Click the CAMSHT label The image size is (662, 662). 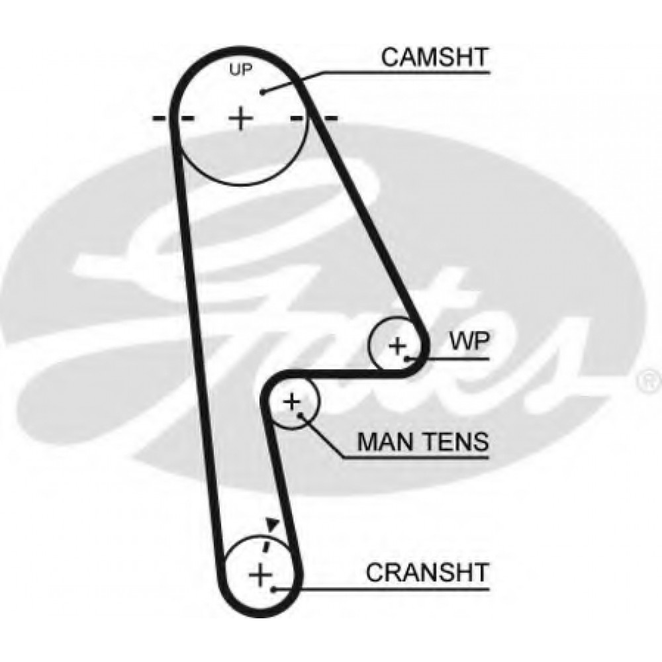[434, 58]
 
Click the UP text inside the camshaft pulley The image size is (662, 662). [241, 70]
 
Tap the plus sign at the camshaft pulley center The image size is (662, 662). [242, 118]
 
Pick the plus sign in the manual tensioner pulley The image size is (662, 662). [292, 401]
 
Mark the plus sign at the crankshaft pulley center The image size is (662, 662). [259, 573]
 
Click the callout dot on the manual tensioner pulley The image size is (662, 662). [301, 415]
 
